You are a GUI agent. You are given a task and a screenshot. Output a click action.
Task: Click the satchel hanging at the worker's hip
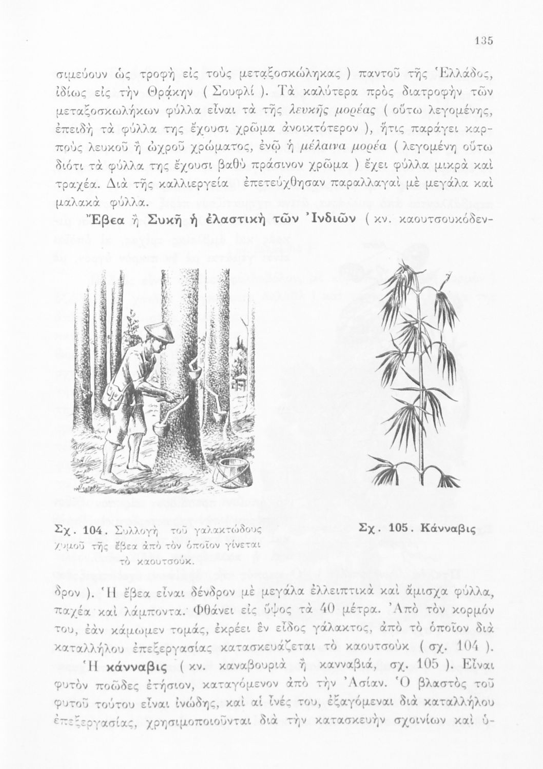114,394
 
